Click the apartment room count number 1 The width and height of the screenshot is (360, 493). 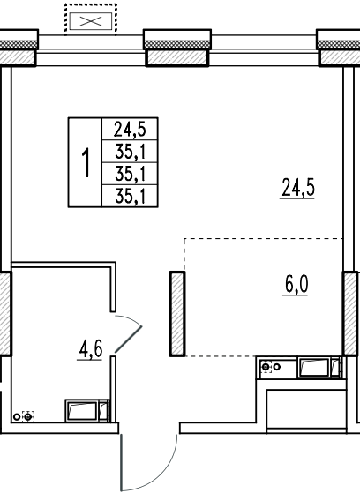click(x=86, y=162)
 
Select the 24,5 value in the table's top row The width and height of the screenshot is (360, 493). click(x=130, y=130)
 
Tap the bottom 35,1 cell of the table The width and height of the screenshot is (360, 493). click(x=130, y=196)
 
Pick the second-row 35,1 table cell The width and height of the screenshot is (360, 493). click(x=130, y=152)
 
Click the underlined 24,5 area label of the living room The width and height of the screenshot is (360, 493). click(x=297, y=188)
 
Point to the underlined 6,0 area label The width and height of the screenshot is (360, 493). click(x=296, y=286)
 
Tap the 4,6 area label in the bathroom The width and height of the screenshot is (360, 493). click(x=90, y=349)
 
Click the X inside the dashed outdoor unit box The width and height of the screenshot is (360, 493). click(x=91, y=21)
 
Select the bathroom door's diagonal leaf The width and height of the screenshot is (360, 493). click(x=129, y=339)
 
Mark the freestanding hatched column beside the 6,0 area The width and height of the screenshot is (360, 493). click(x=177, y=314)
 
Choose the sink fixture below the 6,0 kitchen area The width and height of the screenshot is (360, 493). click(x=319, y=367)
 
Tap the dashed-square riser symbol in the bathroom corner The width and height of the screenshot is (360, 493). click(x=28, y=416)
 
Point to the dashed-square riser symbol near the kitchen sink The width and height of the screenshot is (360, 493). click(x=266, y=367)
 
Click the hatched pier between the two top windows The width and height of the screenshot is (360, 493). click(x=177, y=58)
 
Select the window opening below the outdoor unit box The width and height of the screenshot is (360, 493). click(x=91, y=50)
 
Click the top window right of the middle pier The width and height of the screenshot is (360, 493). click(x=264, y=50)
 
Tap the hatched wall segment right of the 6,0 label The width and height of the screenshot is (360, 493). click(x=350, y=314)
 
